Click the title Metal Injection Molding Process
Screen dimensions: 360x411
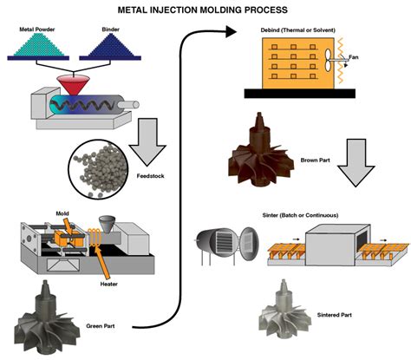[205, 10]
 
